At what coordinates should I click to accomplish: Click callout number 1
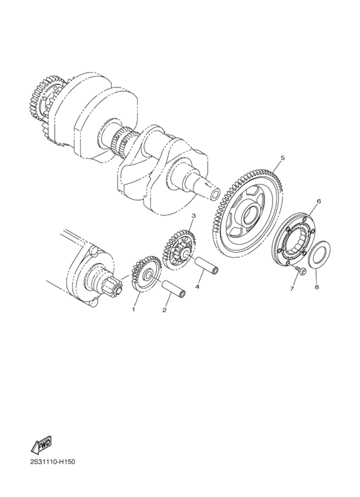click(134, 309)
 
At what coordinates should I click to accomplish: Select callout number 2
click(165, 310)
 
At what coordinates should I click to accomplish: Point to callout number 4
click(198, 287)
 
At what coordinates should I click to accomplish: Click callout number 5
click(282, 157)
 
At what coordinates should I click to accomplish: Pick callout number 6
click(317, 201)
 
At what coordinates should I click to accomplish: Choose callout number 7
click(291, 289)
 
